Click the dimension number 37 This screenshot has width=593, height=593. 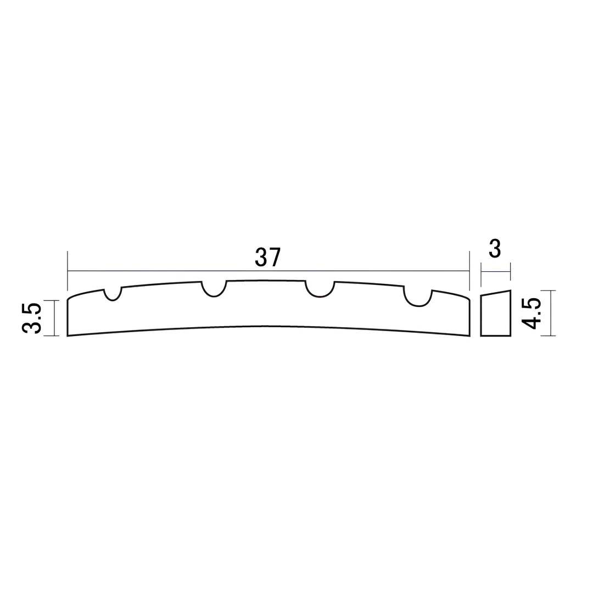pos(268,257)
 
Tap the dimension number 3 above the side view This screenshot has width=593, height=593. pos(495,249)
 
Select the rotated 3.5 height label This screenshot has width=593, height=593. pos(32,318)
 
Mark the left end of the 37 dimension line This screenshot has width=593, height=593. pos(68,271)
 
